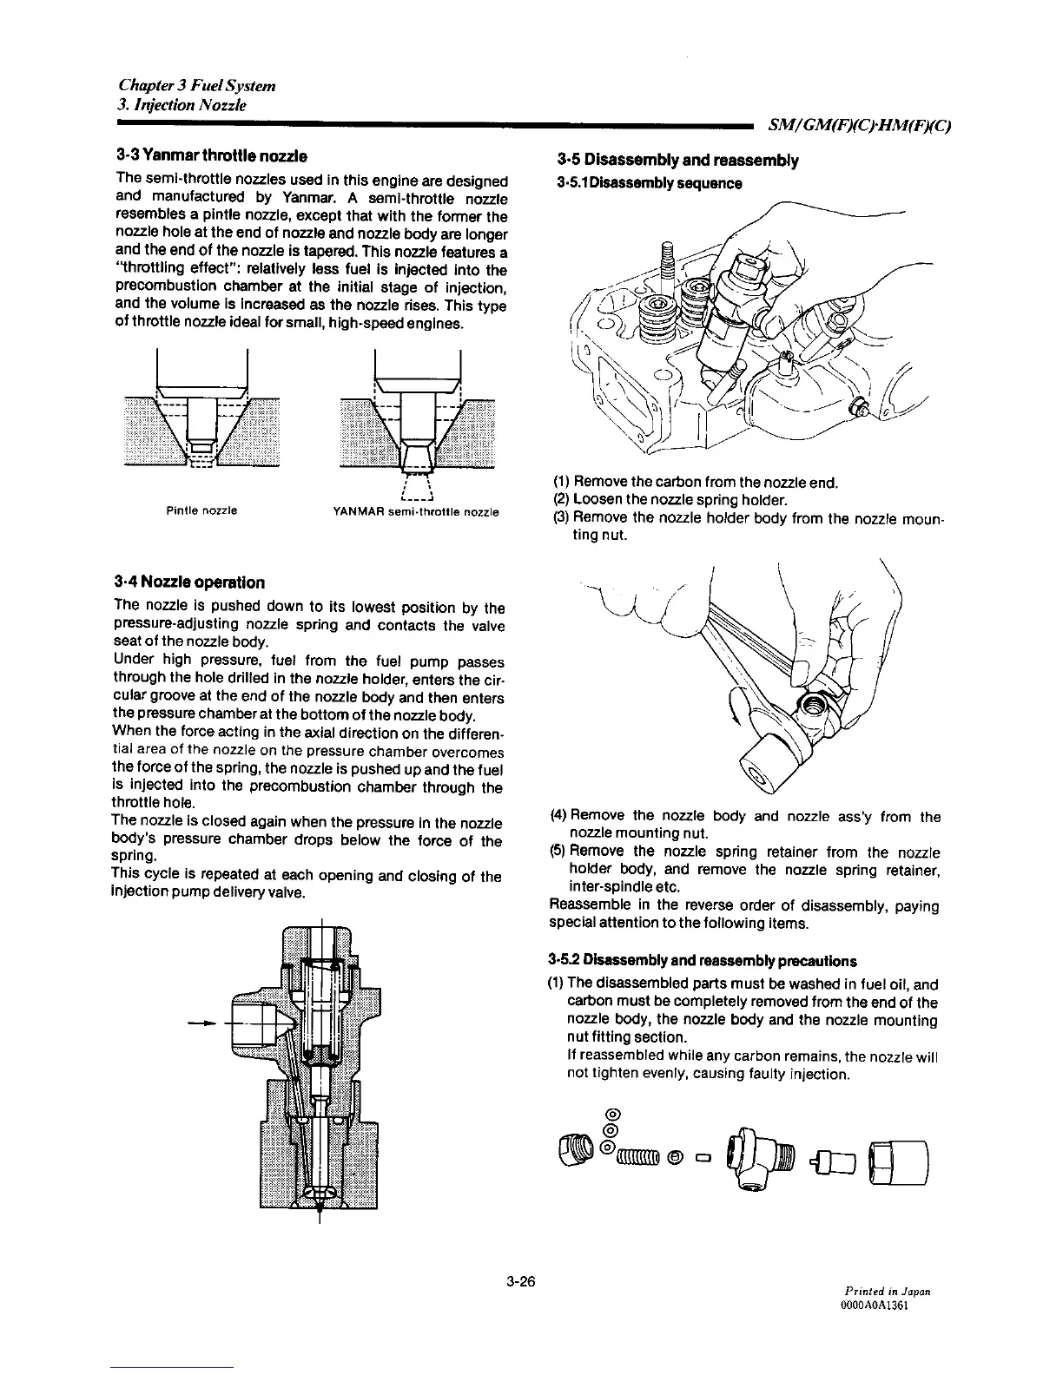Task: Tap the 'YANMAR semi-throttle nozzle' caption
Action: pyautogui.click(x=415, y=511)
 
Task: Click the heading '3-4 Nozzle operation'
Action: pyautogui.click(x=189, y=582)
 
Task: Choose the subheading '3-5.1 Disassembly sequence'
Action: pyautogui.click(x=649, y=183)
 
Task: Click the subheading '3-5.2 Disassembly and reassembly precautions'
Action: pyautogui.click(x=703, y=960)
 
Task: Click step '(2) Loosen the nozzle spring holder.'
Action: pyautogui.click(x=670, y=500)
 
